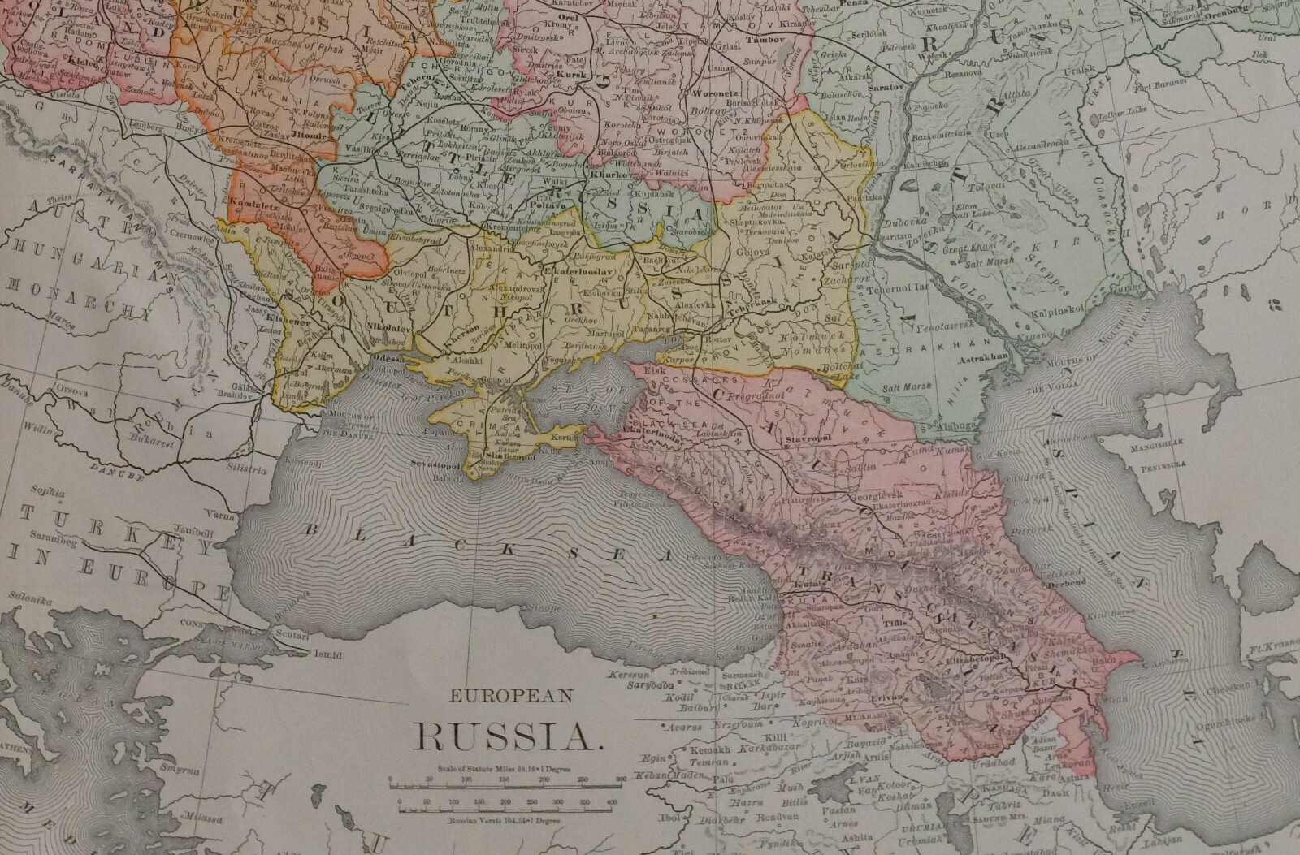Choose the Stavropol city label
[x=806, y=438]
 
